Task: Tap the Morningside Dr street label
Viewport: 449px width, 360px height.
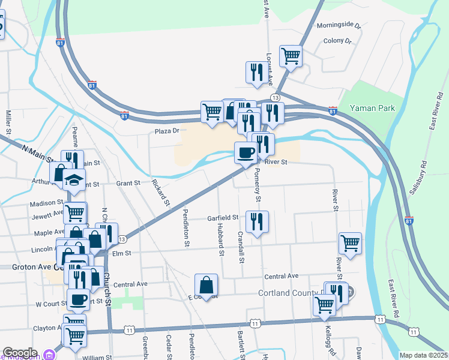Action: (339, 26)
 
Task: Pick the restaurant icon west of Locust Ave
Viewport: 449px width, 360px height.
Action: (256, 73)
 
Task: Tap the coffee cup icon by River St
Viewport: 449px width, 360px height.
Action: (245, 153)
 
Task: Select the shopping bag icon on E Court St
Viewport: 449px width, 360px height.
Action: (206, 285)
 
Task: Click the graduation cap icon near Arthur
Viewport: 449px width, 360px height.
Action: (74, 179)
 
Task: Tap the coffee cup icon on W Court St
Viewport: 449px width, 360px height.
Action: (78, 298)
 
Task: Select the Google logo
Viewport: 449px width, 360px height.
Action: (20, 353)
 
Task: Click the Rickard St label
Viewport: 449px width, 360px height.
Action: (160, 191)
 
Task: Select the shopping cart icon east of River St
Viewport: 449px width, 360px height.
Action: (350, 243)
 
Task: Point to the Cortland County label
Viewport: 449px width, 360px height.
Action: (289, 293)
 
